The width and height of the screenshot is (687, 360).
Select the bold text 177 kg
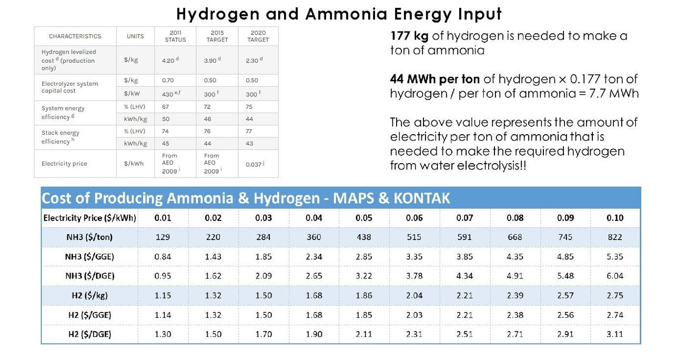[x=411, y=36]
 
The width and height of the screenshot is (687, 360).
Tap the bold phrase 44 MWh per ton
[x=435, y=79]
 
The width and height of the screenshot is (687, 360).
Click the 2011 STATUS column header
[x=175, y=36]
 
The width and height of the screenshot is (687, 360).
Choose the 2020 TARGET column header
[x=258, y=36]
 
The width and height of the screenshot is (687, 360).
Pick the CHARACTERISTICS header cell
[x=75, y=36]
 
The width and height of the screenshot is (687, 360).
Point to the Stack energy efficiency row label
[x=60, y=137]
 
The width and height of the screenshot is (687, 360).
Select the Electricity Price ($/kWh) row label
[x=90, y=218]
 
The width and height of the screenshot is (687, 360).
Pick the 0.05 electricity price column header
[x=363, y=218]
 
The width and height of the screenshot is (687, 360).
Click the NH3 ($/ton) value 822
[x=615, y=237]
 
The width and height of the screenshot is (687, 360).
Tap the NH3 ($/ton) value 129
[x=163, y=237]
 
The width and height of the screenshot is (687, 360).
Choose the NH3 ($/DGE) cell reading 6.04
[x=615, y=276]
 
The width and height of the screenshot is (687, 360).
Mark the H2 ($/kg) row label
[x=90, y=295]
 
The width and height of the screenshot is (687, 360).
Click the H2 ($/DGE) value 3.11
[x=615, y=334]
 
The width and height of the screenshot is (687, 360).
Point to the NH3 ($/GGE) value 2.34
[x=314, y=257]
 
